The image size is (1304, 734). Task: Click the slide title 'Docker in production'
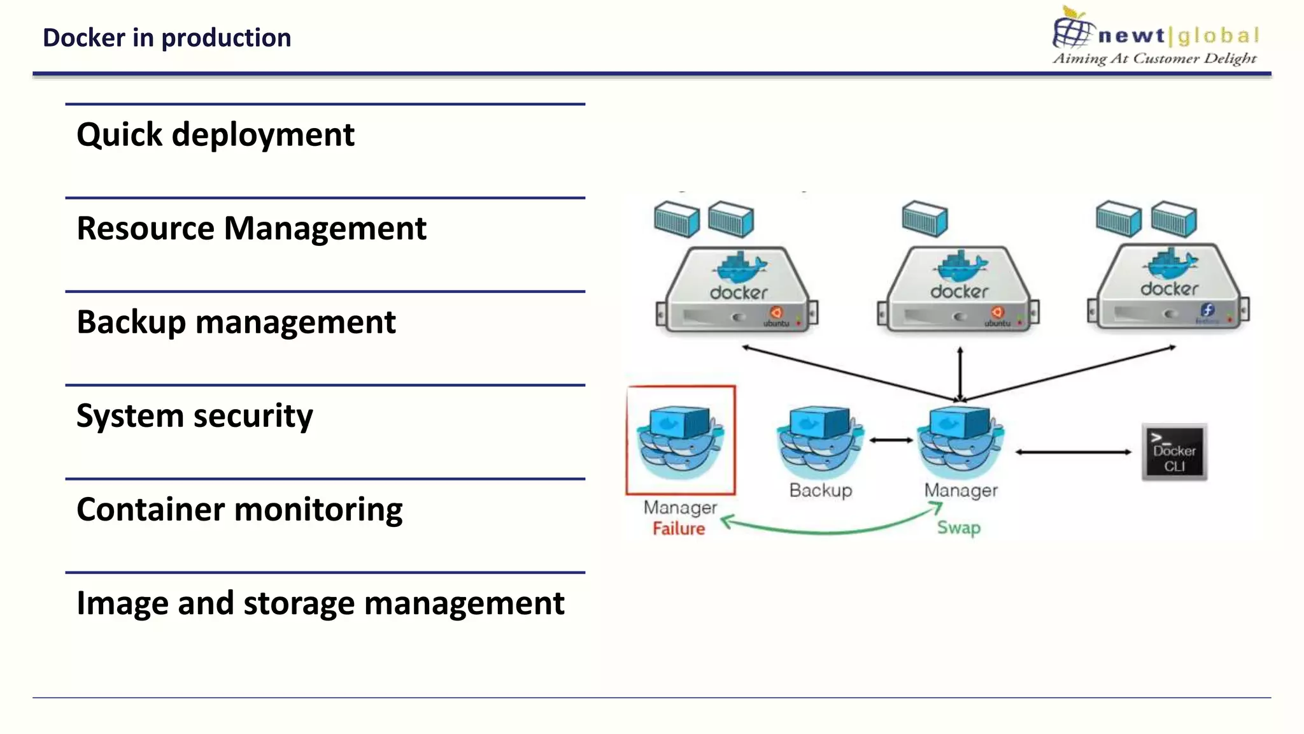[x=167, y=38]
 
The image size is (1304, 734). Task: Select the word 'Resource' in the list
[x=146, y=229]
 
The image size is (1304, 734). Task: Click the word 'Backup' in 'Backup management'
[x=131, y=322]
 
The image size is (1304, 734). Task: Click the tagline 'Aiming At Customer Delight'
[x=1154, y=59]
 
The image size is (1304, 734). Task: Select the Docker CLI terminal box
[x=1174, y=452]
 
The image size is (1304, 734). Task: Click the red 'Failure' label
[x=679, y=529]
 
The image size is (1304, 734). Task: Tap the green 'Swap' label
[x=958, y=528]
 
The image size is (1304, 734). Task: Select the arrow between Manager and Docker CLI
[x=1074, y=452]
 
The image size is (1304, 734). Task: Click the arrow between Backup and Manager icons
[x=891, y=440]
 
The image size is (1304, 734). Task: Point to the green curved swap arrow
[x=828, y=531]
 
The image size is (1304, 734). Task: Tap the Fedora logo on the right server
[x=1207, y=310]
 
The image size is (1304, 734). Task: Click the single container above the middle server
[x=925, y=219]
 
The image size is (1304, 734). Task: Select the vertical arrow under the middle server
[x=960, y=373]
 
